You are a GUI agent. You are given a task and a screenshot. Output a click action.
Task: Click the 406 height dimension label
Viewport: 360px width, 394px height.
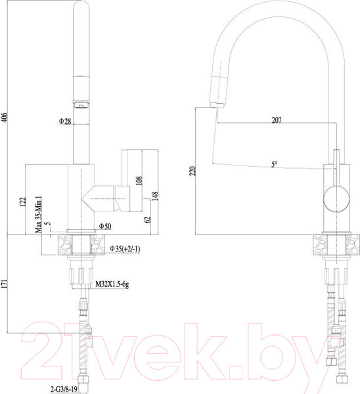pos(5,118)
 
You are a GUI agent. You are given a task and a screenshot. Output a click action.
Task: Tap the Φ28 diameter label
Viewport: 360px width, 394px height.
pos(64,121)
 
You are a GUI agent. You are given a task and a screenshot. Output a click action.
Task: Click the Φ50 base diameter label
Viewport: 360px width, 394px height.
pos(105,227)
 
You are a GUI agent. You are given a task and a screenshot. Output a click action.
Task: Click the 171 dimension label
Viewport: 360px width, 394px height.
pos(5,285)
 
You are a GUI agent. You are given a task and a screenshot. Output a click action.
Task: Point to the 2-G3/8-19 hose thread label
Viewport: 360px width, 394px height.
pos(64,389)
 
